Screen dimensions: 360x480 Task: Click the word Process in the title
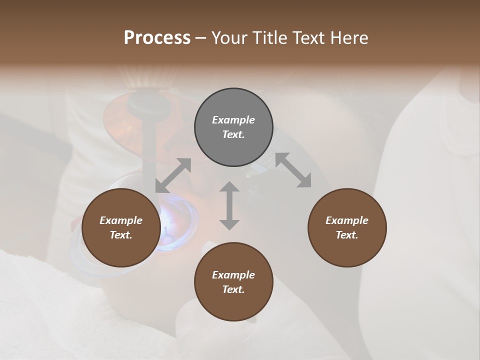point(157,38)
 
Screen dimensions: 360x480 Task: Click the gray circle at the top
point(233,127)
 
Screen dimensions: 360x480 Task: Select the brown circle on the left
point(121,227)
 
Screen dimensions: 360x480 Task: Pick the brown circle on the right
point(347,227)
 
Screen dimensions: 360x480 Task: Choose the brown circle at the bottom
point(233,282)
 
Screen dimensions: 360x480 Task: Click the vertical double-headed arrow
point(229,205)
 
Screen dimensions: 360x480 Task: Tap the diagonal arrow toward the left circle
point(173,175)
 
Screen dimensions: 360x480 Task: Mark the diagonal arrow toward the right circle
point(293,170)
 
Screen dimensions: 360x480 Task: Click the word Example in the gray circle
point(233,120)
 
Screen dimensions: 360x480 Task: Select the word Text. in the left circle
point(121,235)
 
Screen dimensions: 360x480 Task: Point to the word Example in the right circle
point(347,220)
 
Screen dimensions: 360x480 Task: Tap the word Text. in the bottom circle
point(233,289)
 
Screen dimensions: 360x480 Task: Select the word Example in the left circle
point(121,220)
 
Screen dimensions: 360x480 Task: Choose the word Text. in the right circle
point(347,235)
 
